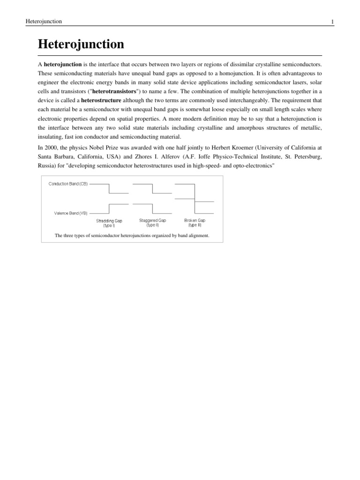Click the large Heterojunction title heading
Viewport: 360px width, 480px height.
(81, 45)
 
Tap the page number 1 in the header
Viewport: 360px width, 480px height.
(332, 22)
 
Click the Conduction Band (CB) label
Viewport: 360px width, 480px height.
(68, 184)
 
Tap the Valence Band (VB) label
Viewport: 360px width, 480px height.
(70, 213)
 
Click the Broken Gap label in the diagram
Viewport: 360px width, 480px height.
(195, 220)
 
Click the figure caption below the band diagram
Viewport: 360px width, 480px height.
(132, 236)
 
